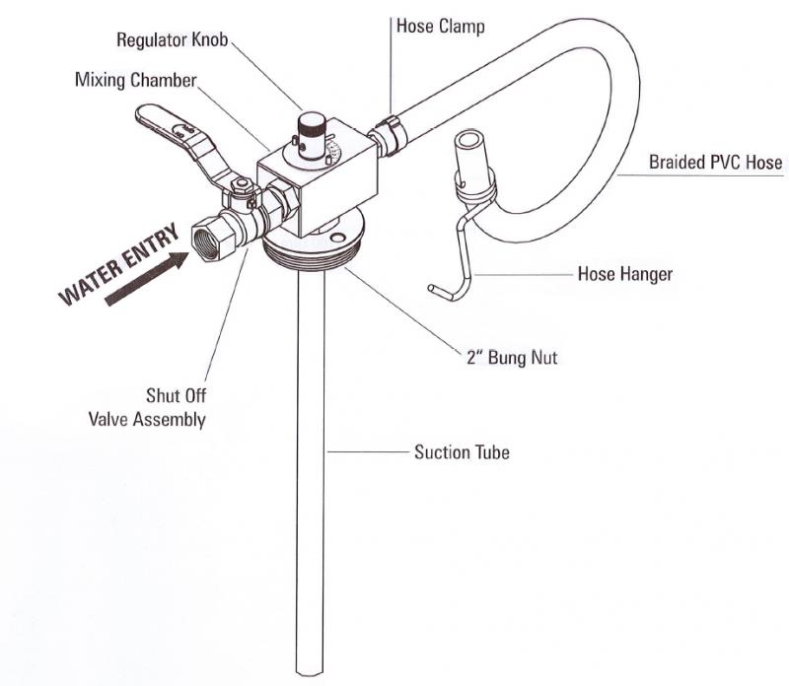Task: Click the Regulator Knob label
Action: [x=174, y=40]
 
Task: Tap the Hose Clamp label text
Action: [x=440, y=26]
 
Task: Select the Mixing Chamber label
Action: [x=135, y=79]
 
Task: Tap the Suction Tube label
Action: [x=462, y=453]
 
